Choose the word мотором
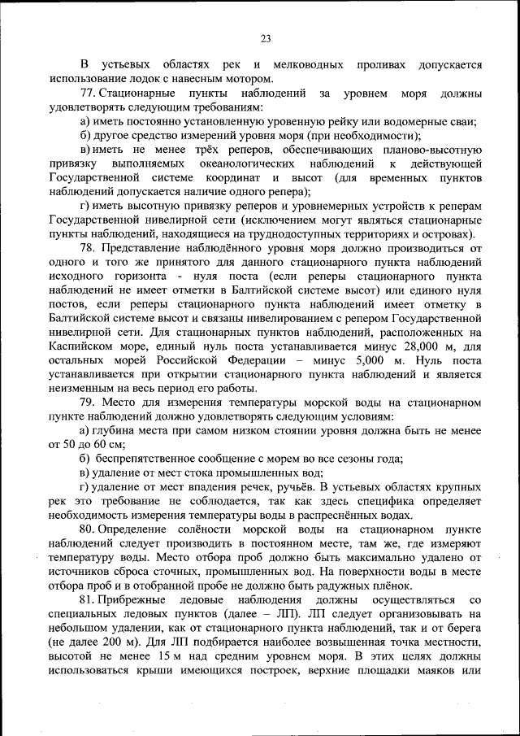[x=248, y=79]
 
